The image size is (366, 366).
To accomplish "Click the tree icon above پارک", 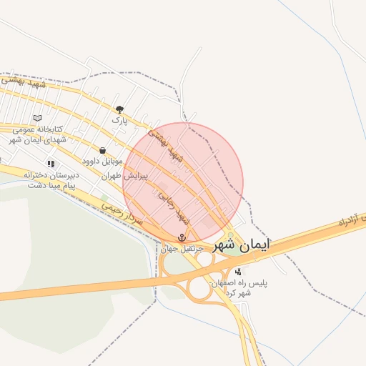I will coord(119,109).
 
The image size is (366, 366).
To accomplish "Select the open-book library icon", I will coord(37,118).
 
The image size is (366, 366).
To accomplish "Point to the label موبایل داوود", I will coord(102,162).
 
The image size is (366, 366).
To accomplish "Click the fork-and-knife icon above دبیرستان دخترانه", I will coord(51,164).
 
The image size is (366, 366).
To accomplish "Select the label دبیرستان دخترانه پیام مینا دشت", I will coord(49,179).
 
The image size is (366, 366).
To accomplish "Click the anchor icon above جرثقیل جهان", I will coord(182,237).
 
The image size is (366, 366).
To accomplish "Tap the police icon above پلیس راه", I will coord(238,272).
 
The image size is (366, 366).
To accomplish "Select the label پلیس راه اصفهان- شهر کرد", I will coord(239,287).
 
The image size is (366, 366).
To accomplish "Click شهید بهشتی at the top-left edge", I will coord(21,83).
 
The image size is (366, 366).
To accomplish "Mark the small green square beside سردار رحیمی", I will coord(104,198).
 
